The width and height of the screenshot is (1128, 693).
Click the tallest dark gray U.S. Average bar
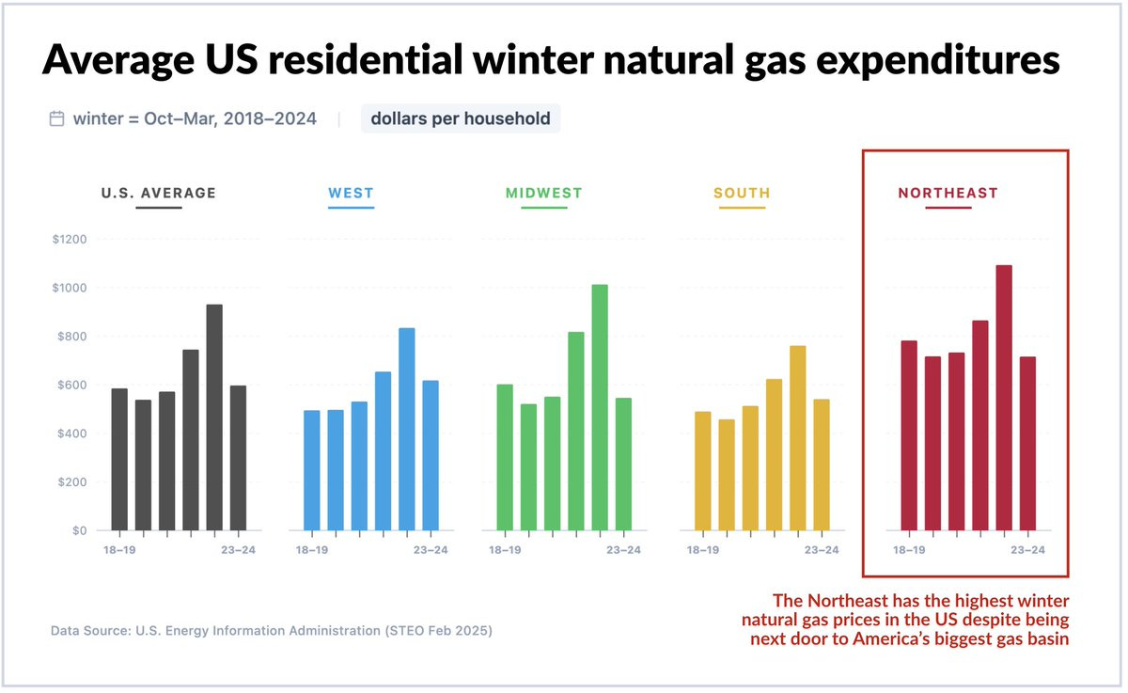(x=214, y=417)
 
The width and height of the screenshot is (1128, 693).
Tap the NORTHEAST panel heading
(x=948, y=193)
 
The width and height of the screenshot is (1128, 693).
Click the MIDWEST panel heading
(x=544, y=193)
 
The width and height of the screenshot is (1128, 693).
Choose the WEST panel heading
(x=351, y=193)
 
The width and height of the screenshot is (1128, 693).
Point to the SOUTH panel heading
(x=742, y=193)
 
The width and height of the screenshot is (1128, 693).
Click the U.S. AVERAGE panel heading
(x=159, y=193)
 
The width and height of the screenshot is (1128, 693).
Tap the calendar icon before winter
(x=56, y=118)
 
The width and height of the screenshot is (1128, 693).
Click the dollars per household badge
(x=461, y=118)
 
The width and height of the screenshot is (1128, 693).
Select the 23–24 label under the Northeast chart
(x=1027, y=550)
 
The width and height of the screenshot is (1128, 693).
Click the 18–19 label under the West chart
(x=312, y=550)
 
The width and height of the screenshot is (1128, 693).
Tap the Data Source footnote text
(x=272, y=630)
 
